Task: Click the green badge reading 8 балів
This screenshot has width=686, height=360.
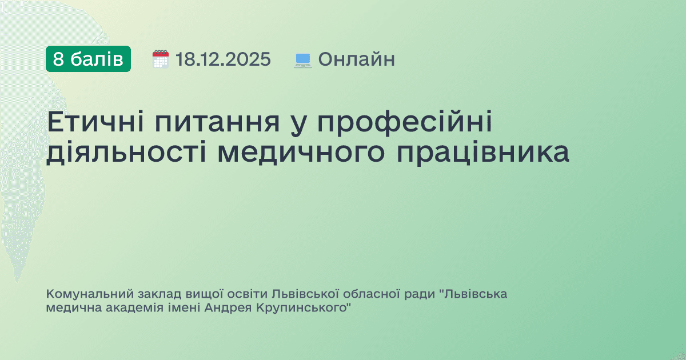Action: tap(88, 59)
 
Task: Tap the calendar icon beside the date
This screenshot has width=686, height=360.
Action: tap(161, 59)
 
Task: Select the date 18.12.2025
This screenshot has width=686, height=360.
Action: tap(223, 59)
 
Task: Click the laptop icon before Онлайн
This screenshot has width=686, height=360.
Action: tap(303, 59)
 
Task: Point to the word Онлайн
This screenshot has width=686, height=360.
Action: tap(356, 59)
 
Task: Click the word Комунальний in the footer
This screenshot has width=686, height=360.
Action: tap(90, 295)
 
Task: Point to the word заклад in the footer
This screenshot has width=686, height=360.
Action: tap(159, 295)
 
